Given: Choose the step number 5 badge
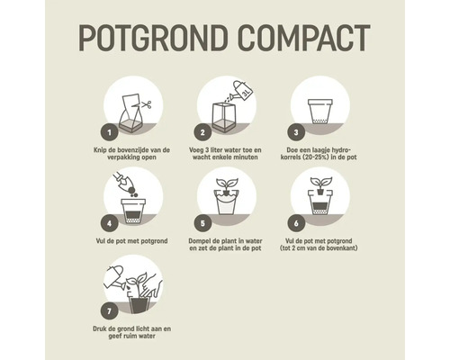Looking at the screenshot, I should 204,220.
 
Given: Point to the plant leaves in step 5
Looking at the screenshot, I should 226,183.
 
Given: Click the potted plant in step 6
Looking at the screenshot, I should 320,198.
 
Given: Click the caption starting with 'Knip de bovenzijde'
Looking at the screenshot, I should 132,152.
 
